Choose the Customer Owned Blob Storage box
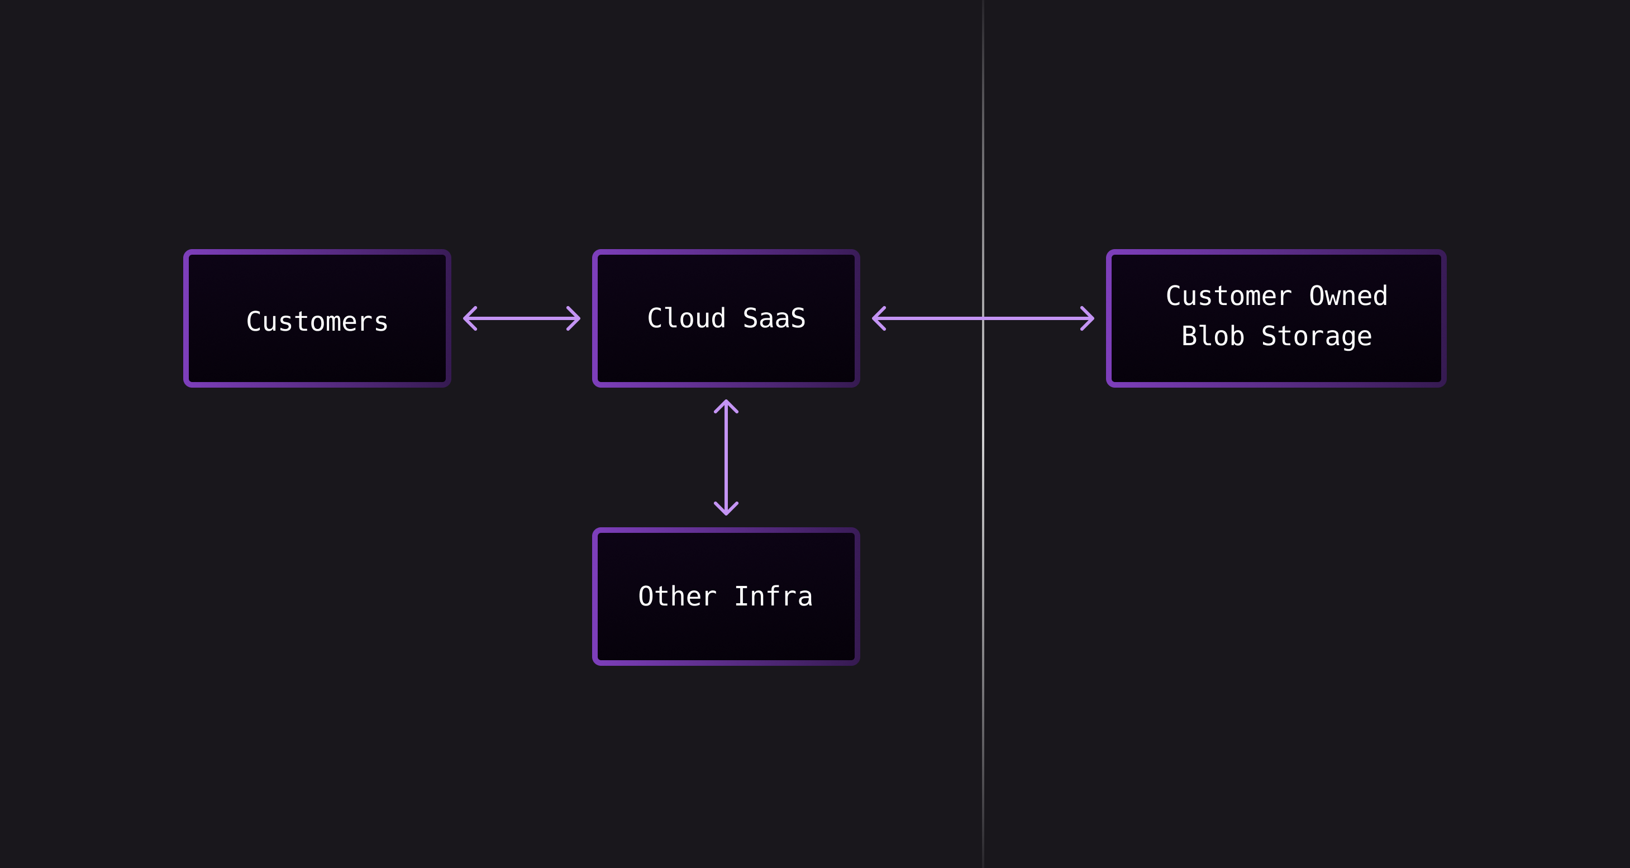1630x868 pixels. (x=1276, y=367)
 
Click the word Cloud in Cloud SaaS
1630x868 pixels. (x=686, y=318)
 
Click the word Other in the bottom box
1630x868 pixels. (x=677, y=597)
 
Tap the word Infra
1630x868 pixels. (x=773, y=597)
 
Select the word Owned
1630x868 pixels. (x=1348, y=296)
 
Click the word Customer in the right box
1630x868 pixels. (x=1228, y=296)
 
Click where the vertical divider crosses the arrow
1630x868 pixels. (x=983, y=318)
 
